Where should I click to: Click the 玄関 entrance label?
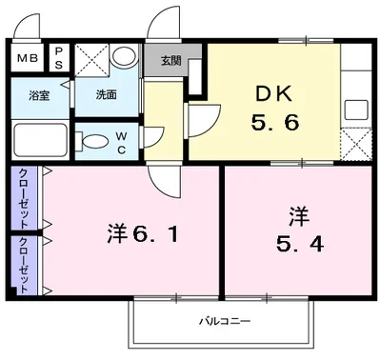(170, 61)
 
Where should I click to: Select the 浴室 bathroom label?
(39, 95)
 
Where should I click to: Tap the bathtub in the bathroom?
(41, 141)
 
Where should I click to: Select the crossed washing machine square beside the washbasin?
(92, 58)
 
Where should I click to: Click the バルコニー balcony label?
(226, 321)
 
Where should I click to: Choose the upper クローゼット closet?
(21, 198)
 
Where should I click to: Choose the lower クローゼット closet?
(21, 263)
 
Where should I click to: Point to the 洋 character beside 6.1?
(116, 231)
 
